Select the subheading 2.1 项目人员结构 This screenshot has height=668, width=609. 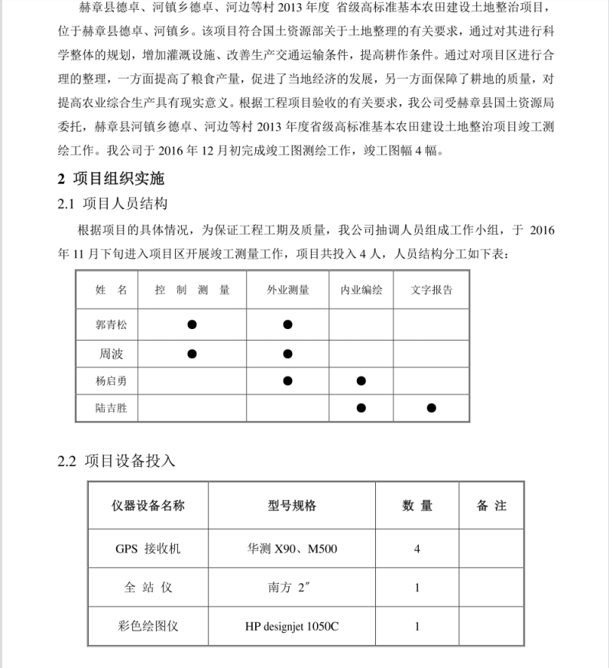coord(112,204)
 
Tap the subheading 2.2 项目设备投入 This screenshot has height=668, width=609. coord(116,461)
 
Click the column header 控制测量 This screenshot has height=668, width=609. coord(192,291)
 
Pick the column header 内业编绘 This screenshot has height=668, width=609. coord(361,291)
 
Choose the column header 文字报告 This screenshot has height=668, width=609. coord(431,291)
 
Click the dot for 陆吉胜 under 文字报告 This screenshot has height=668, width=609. coord(432,409)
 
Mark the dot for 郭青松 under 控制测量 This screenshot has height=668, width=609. coord(192,324)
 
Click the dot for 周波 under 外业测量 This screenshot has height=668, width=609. coord(287,354)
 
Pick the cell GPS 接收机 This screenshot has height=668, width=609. coord(148,549)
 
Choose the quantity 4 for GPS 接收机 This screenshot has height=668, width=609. coord(416,549)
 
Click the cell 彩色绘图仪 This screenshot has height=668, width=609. coord(148,626)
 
